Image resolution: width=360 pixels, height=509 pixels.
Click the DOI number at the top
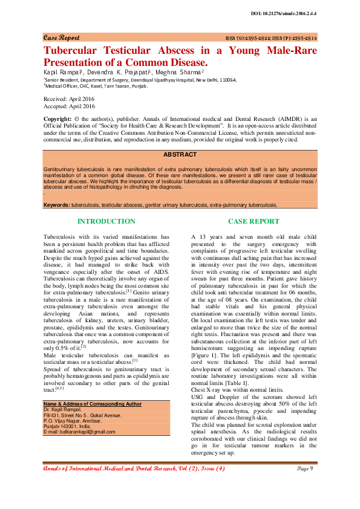pos(291,13)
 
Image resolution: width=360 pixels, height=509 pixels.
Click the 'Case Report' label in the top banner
pos(61,37)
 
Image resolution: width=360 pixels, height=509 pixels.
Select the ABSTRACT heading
pos(180,155)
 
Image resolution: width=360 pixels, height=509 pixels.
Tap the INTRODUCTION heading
pos(106,222)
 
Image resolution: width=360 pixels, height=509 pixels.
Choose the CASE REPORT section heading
pos(254,222)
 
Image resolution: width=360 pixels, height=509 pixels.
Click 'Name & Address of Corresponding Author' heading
pos(93,386)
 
